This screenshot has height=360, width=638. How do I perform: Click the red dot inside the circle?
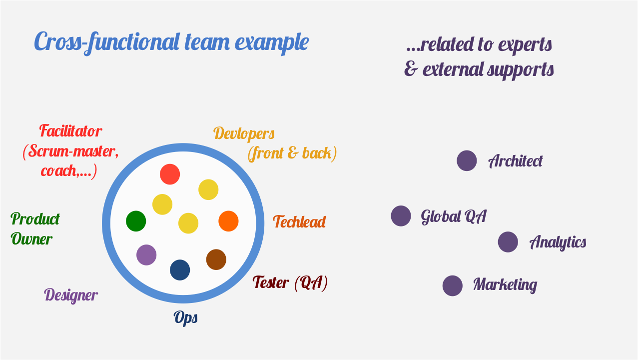(x=170, y=174)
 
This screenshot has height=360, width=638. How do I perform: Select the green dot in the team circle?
(x=136, y=221)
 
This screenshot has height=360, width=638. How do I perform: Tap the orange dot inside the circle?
(x=228, y=221)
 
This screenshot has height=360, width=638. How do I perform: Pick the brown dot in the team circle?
(x=216, y=259)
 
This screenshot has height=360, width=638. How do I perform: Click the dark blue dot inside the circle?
(x=180, y=270)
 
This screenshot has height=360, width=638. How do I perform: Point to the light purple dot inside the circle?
(x=146, y=255)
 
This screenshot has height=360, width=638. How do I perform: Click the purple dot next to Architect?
(x=467, y=161)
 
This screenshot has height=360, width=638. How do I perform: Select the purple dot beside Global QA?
(x=401, y=216)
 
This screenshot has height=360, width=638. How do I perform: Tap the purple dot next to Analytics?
(x=508, y=242)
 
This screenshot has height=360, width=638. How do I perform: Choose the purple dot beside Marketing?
(x=452, y=285)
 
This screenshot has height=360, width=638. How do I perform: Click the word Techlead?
(x=299, y=221)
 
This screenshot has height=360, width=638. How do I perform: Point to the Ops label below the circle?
(x=186, y=317)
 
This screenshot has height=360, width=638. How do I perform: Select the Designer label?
(x=71, y=295)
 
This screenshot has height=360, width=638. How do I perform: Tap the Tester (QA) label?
(x=290, y=283)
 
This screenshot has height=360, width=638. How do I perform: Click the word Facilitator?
(x=70, y=131)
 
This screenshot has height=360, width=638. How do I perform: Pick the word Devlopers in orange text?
(x=244, y=134)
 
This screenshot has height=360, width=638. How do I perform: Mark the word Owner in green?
(x=31, y=239)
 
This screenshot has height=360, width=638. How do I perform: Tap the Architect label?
(x=515, y=161)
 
